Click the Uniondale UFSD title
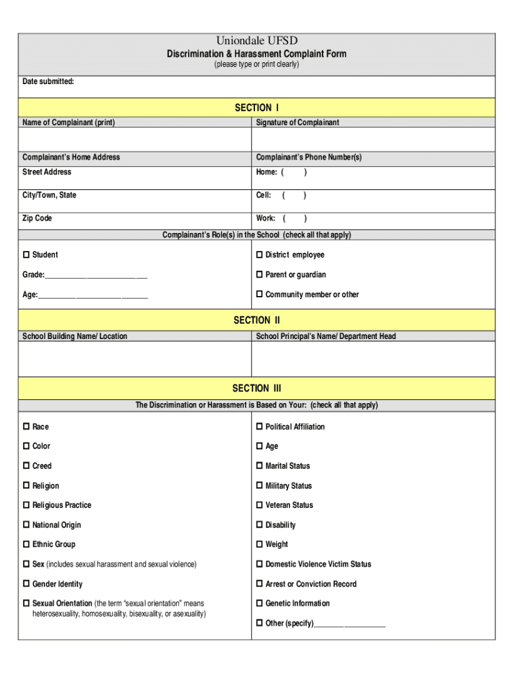256,41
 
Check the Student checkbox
26,255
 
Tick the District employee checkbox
260,255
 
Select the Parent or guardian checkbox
260,275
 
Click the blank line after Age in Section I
93,296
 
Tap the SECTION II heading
256,320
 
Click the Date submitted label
48,81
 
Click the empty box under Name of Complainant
134,139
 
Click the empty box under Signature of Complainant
373,139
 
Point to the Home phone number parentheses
293,172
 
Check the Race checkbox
26,427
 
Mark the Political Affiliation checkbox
260,427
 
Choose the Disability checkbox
260,525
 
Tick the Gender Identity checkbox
26,584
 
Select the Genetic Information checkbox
260,603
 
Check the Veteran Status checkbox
260,505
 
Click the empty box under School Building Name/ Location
134,359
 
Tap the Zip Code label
37,218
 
